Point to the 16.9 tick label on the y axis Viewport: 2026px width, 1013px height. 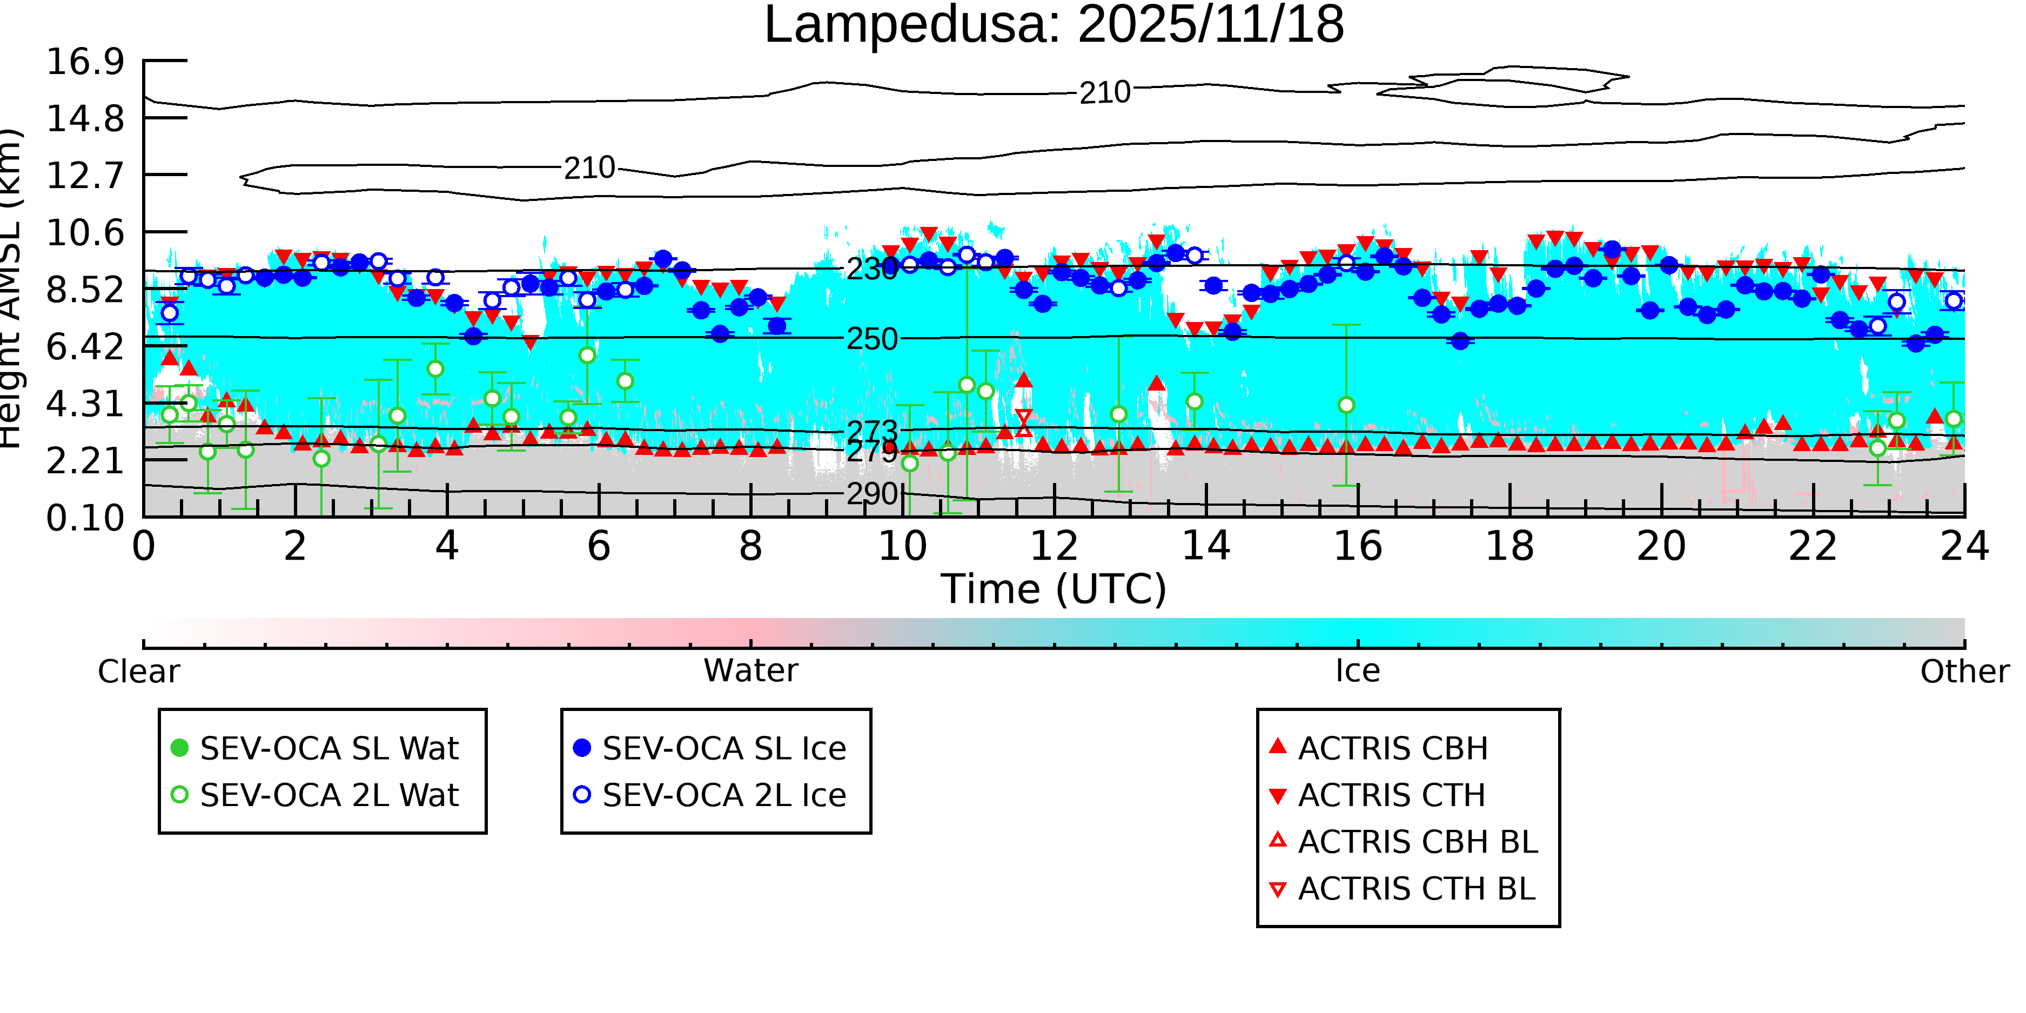(85, 62)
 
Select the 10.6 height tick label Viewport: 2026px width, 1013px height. (85, 233)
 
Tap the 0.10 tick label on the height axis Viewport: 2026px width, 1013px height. (85, 518)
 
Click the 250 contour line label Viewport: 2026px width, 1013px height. (871, 339)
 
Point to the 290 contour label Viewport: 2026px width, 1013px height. (871, 494)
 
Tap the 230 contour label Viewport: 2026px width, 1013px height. (871, 269)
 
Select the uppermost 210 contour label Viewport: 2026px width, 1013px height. (1104, 93)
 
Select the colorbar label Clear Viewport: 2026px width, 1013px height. (138, 672)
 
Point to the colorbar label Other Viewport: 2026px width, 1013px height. (1964, 672)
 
